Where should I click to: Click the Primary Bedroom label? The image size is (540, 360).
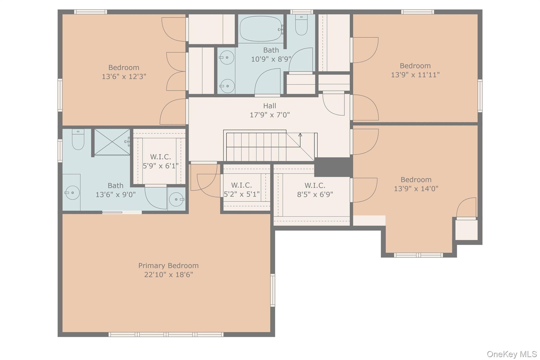[x=168, y=266]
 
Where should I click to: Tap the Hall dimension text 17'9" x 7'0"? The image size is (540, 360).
[x=270, y=115]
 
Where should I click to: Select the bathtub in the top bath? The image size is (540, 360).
[x=261, y=29]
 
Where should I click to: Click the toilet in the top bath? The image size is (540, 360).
[x=301, y=25]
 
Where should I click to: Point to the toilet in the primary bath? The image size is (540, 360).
[x=78, y=139]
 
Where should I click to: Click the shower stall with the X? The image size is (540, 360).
[x=112, y=142]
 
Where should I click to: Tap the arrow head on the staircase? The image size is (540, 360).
[x=300, y=135]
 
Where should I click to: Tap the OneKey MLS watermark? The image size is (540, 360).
[x=512, y=354]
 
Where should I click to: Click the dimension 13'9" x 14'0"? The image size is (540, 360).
[x=416, y=189]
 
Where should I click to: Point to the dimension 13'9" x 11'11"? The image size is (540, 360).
[x=415, y=75]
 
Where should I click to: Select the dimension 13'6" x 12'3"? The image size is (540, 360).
[x=124, y=77]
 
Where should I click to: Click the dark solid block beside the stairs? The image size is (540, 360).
[x=334, y=167]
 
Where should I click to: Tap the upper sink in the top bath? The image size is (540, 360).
[x=227, y=57]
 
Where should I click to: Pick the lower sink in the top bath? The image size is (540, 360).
[x=227, y=86]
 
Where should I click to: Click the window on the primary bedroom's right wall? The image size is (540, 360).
[x=273, y=290]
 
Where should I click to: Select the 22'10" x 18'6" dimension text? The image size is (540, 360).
[x=168, y=275]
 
